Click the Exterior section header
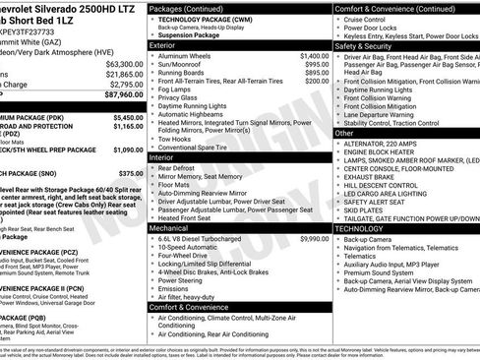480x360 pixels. point(168,45)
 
